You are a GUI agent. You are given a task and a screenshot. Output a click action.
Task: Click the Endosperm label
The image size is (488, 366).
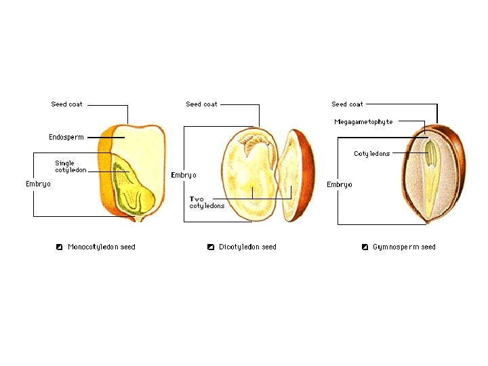[x=66, y=138]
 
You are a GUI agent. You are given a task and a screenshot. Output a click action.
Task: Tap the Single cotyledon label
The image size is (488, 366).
[x=70, y=167]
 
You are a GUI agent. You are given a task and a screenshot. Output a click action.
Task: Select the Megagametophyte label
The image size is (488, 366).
[x=363, y=122]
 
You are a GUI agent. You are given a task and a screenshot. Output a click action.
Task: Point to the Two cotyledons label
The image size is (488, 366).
[x=207, y=203]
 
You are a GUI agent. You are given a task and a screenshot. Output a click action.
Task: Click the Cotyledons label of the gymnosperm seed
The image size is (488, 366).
[x=371, y=154]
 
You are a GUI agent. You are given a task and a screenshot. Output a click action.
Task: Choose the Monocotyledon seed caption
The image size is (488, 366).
[x=101, y=247]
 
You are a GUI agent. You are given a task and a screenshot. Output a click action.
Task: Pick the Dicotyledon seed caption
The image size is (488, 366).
[x=247, y=247]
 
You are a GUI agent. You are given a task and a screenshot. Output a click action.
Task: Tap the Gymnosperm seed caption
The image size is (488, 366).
[x=404, y=247]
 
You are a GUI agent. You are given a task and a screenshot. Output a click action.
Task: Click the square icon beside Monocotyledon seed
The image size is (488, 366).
[x=60, y=247]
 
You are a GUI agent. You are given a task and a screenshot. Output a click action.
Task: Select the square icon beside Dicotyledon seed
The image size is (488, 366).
[x=211, y=247]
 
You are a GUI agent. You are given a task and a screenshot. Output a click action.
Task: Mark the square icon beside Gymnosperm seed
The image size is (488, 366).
[x=365, y=247]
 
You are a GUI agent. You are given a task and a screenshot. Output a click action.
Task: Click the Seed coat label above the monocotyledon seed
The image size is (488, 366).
[x=66, y=104]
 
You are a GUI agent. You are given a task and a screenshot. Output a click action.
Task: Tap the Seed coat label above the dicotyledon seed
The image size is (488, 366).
[x=201, y=104]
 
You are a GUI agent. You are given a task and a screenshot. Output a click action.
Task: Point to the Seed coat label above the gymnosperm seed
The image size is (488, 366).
[x=347, y=104]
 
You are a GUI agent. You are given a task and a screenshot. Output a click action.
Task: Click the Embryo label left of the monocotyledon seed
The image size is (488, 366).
[x=38, y=184]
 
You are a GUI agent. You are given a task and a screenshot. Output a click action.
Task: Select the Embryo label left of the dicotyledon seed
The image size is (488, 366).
[x=183, y=175]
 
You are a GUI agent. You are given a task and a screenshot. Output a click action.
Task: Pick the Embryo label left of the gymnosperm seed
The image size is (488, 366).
[x=339, y=185]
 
